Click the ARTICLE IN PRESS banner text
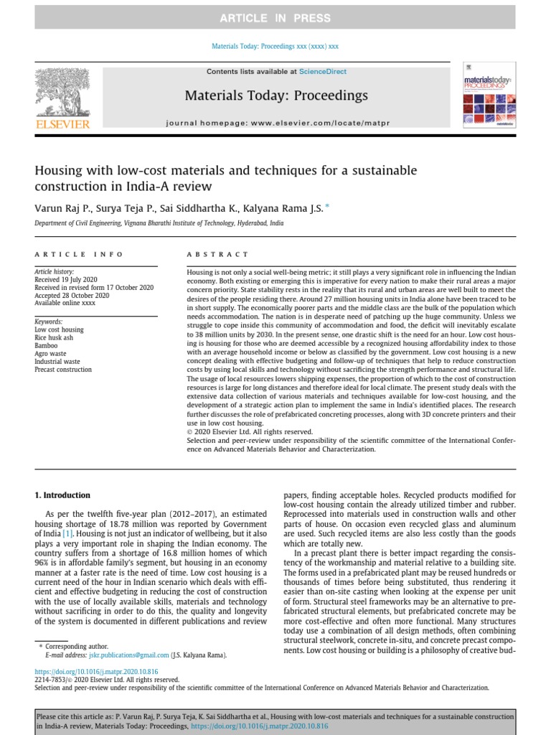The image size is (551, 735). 275,17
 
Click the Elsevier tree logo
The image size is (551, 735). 62,93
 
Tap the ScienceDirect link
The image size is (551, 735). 323,72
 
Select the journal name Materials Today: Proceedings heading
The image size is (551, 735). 276,95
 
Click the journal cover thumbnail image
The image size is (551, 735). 489,99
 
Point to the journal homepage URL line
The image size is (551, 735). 278,123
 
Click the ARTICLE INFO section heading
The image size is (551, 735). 79,254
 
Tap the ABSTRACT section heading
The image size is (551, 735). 217,254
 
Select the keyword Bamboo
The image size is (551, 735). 47,346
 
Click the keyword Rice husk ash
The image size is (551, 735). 55,338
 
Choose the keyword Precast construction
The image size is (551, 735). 63,370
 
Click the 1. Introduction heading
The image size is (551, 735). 63,495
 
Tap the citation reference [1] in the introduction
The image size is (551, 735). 67,533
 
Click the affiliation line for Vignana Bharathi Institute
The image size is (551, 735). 159,223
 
